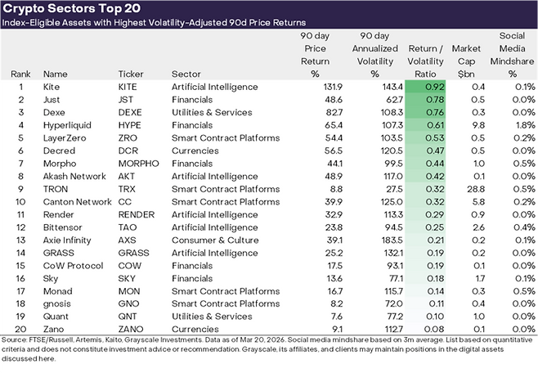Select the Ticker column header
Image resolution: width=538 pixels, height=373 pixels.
[x=131, y=74]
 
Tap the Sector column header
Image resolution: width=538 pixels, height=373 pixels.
[x=186, y=74]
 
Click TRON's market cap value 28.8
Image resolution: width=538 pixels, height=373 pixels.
[x=468, y=187]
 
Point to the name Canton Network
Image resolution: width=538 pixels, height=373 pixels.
[x=77, y=200]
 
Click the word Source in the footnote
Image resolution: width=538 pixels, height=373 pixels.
[x=14, y=337]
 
